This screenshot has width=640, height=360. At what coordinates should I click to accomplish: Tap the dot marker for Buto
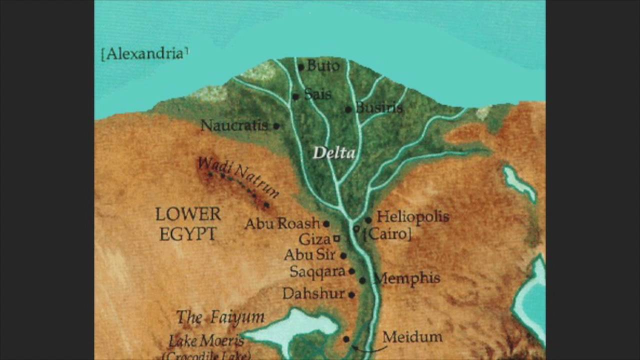[301, 67]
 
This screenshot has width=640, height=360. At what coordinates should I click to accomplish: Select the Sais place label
[317, 94]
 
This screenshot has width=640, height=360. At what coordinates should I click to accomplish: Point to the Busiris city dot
[348, 109]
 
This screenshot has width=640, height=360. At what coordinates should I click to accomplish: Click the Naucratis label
[234, 125]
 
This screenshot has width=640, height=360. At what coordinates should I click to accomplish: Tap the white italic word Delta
[334, 153]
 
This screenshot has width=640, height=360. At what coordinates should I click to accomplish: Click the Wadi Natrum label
[238, 176]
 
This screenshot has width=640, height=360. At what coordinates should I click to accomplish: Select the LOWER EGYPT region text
[188, 224]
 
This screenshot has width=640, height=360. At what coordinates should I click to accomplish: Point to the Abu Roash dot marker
[326, 224]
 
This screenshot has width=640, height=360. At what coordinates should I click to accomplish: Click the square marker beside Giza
[337, 238]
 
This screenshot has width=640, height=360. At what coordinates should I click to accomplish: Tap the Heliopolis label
[413, 216]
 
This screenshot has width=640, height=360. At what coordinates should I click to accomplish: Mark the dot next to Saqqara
[351, 271]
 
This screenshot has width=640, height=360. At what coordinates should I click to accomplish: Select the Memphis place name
[407, 278]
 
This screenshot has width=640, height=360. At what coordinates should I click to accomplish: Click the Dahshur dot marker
[351, 295]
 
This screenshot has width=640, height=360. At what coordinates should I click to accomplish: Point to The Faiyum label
[220, 317]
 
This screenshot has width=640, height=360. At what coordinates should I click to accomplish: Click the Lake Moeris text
[206, 341]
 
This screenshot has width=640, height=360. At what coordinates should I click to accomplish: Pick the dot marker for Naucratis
[276, 126]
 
